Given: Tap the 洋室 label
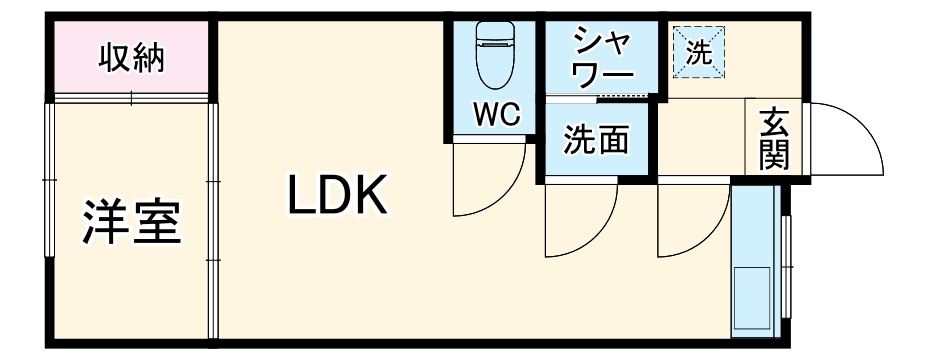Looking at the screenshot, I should point(132,222).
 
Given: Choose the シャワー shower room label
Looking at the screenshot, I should point(602,58).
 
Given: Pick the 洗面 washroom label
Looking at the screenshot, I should point(596,141).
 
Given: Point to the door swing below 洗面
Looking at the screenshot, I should point(580,223).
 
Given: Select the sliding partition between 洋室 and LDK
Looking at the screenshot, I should point(212,220).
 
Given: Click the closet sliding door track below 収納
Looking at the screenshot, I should point(131,99).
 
